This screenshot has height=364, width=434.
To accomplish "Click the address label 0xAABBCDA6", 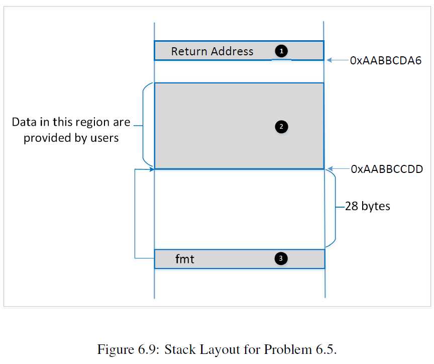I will coord(386,61).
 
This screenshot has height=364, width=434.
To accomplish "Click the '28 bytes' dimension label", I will coord(367,206).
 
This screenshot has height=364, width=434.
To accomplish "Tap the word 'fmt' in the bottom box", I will coord(184,259).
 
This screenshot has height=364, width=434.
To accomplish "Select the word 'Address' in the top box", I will coord(232,51).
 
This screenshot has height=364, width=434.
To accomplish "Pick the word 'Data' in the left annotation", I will coord(23,122).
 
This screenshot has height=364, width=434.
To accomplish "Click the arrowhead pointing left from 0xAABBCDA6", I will coord(329,60).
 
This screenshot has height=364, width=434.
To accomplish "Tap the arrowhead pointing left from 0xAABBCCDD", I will coord(329,169).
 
